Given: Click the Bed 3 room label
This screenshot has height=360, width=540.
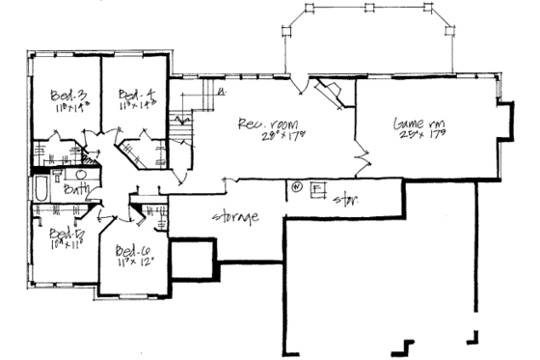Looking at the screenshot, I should coord(65,94).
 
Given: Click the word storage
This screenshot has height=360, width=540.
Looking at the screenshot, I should coord(236,217).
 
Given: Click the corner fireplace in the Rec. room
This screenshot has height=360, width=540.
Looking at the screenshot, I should coord(334,94).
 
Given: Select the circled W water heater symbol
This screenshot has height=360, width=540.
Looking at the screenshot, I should coord(297,186).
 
